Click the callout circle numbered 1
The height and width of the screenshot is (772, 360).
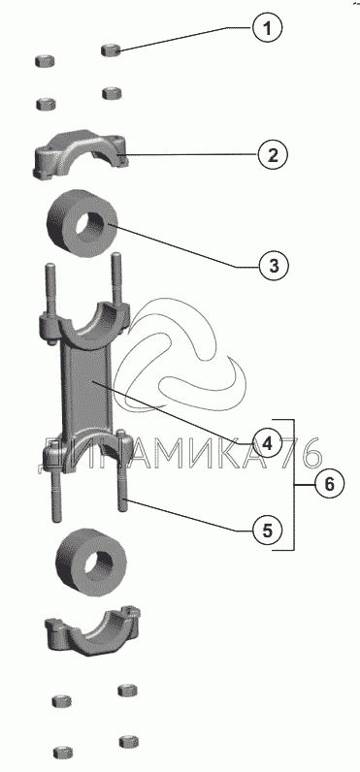click(268, 28)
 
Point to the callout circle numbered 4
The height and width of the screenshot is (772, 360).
click(267, 444)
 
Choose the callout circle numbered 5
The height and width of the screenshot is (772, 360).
click(267, 531)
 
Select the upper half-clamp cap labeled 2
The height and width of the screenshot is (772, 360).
click(80, 154)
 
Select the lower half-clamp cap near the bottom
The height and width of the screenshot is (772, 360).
click(92, 632)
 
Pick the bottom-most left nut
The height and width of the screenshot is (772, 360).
click(63, 753)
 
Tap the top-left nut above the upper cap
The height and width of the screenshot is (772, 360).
click(45, 61)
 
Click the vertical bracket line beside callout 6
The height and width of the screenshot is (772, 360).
click(294, 485)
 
